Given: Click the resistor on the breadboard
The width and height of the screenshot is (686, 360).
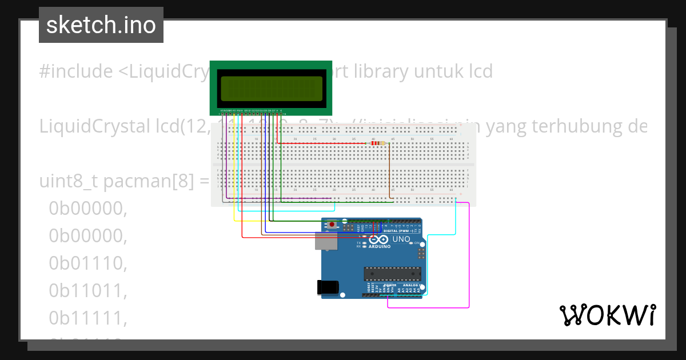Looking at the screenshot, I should click(376, 143).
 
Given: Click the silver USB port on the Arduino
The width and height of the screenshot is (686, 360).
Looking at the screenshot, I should click(326, 241).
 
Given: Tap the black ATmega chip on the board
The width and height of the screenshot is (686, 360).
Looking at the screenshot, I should click(393, 274).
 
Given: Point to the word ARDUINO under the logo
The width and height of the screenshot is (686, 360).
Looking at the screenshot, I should click(380, 247).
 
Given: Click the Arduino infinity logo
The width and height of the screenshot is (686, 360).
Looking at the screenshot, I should click(381, 239).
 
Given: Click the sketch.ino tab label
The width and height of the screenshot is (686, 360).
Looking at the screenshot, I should click(101, 25).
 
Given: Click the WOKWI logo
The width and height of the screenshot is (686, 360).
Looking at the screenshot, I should click(607, 315).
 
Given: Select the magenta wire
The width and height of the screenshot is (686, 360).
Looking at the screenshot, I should click(469, 257).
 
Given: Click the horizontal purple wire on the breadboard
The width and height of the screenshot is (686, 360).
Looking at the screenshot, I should click(280, 198).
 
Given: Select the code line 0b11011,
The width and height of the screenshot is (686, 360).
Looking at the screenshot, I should click(87, 290).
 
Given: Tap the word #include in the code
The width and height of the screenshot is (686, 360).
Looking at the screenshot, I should click(75, 71).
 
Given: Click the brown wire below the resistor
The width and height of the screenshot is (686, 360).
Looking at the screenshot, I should click(390, 171).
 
